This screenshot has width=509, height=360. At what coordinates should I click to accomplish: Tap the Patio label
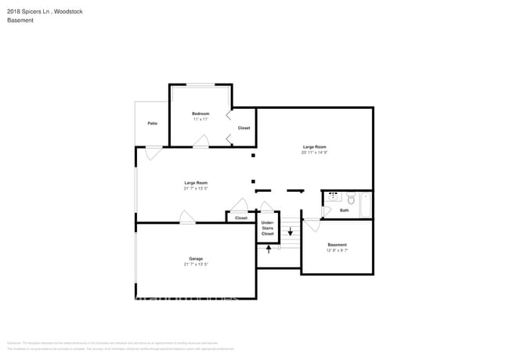pos(152,123)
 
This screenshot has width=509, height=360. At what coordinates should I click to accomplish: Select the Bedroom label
pos(200,113)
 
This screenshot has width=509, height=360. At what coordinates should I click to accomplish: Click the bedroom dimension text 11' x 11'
pos(200,120)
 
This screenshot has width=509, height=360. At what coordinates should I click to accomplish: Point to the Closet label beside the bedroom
pos(244,128)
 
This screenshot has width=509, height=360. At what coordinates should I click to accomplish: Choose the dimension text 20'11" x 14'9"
pos(314,153)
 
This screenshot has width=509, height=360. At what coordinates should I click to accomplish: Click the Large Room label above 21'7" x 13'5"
pos(195,182)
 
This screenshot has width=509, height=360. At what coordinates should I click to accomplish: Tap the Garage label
pos(196,258)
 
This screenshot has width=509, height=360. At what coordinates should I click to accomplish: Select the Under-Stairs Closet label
pos(268,229)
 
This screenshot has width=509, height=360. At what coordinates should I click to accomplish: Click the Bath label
pos(345,210)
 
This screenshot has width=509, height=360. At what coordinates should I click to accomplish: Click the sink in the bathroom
pos(333,196)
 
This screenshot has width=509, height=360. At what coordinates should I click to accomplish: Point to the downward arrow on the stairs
pos(291,232)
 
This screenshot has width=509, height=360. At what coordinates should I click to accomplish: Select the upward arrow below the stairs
pos(269,249)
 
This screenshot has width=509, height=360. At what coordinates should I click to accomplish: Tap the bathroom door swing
pos(312,225)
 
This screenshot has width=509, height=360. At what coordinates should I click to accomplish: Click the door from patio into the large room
pos(153,153)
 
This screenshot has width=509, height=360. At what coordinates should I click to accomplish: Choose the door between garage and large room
pos(187,217)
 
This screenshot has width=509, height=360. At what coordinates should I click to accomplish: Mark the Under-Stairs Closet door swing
pos(267,207)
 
